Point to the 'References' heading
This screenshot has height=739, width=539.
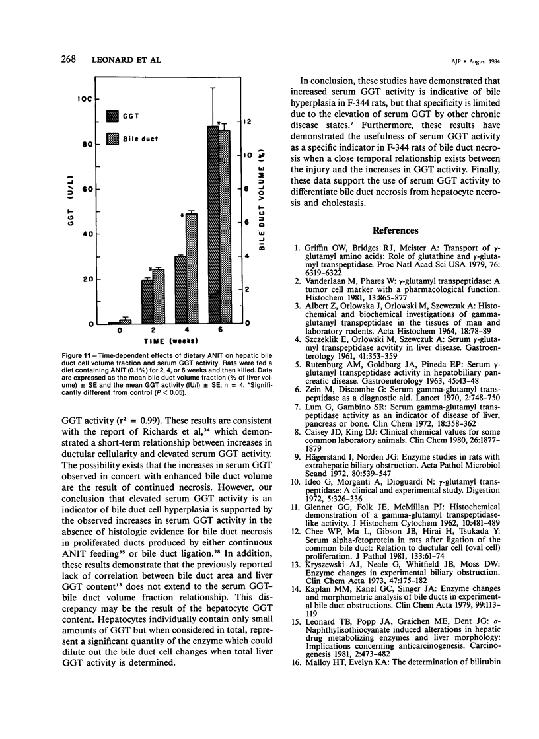coord(396,230)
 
